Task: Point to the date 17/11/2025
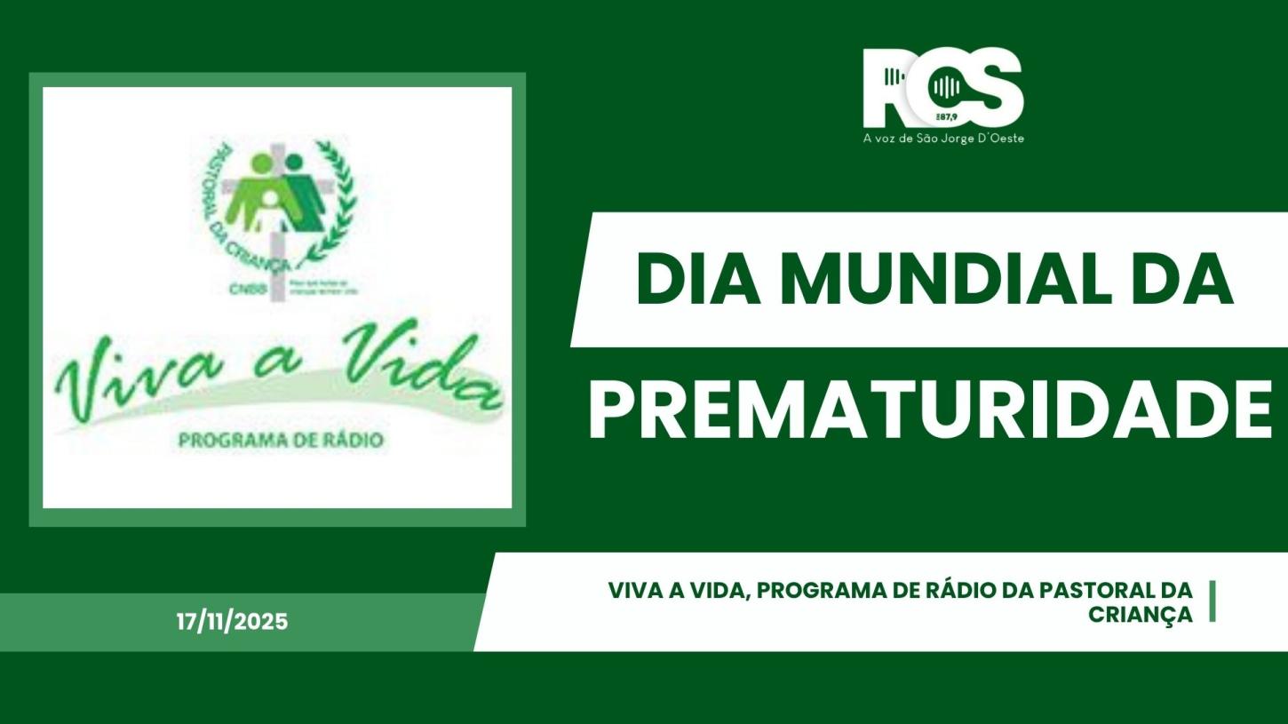(x=232, y=622)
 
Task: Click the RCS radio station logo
(x=942, y=89)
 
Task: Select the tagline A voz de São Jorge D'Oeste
(x=942, y=139)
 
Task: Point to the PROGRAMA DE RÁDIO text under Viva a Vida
(x=281, y=441)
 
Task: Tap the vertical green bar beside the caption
(x=1212, y=601)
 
